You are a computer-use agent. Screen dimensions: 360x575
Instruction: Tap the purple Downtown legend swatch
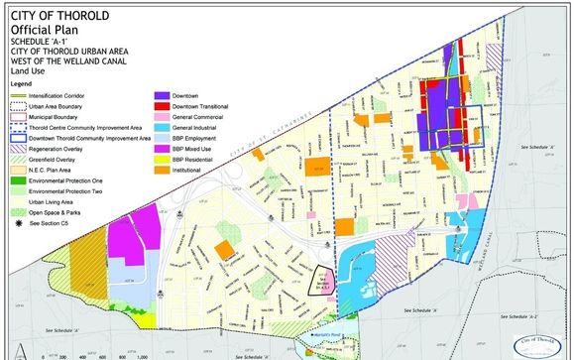pos(162,94)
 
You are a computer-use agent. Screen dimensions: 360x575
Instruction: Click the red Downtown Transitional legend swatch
pos(162,106)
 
